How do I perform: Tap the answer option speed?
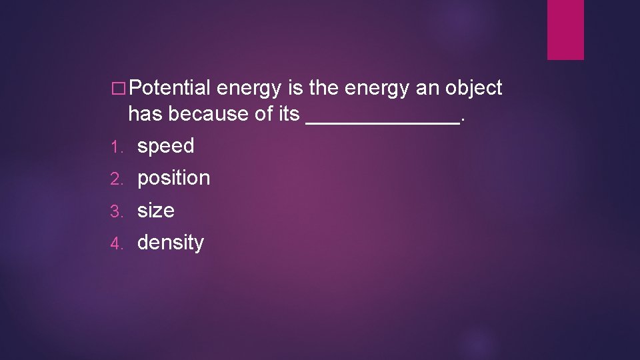[165, 147]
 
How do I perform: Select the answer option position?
[173, 179]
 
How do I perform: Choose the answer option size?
[155, 211]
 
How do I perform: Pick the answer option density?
[170, 243]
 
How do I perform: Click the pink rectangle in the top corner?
[565, 29]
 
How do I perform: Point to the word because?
[207, 114]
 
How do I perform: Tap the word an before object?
[416, 88]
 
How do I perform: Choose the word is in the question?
[297, 88]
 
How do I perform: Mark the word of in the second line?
[264, 114]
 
